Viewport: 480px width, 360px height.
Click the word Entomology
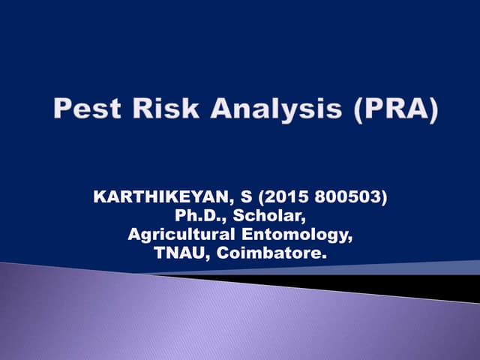(300, 235)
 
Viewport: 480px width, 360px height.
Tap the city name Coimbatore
(273, 254)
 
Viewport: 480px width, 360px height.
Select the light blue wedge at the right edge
(457, 267)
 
